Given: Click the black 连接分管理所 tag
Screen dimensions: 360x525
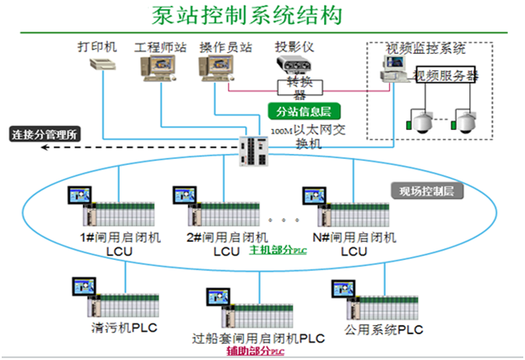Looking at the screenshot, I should [x=44, y=134].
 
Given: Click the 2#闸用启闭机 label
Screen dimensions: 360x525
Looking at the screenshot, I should [x=227, y=237].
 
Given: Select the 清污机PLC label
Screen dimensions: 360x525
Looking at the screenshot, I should [x=124, y=327].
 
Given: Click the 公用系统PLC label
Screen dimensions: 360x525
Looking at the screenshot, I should [x=383, y=328].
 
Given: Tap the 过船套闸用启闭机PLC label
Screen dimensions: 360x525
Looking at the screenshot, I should [x=258, y=338].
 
